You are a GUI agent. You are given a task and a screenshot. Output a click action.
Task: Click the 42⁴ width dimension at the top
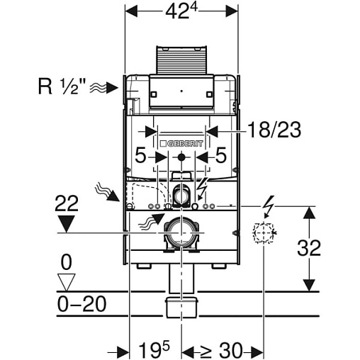pyautogui.click(x=181, y=11)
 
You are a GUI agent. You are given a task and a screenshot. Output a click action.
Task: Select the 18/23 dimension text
pyautogui.click(x=274, y=130)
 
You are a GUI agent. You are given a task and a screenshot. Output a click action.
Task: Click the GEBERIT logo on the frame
pyautogui.click(x=181, y=144)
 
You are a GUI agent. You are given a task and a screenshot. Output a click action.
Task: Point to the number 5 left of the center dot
pyautogui.click(x=140, y=155)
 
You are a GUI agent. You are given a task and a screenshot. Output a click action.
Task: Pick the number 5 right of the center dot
pyautogui.click(x=221, y=155)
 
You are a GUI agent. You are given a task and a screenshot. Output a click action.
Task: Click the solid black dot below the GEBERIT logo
pyautogui.click(x=181, y=157)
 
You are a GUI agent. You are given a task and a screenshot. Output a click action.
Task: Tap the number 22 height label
pyautogui.click(x=67, y=203)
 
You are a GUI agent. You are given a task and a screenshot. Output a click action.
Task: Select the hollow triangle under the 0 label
pyautogui.click(x=67, y=282)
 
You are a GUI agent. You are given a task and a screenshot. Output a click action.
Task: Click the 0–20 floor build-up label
pyautogui.click(x=81, y=304)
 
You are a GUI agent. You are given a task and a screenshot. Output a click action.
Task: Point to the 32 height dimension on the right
pyautogui.click(x=309, y=248)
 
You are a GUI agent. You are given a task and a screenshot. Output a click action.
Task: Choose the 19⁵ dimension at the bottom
pyautogui.click(x=154, y=349)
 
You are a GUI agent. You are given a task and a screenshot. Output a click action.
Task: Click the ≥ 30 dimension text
pyautogui.click(x=221, y=350)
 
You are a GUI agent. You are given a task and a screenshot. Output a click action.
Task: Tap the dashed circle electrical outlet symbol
pyautogui.click(x=264, y=232)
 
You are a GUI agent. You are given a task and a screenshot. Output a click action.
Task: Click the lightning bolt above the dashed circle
pyautogui.click(x=269, y=206)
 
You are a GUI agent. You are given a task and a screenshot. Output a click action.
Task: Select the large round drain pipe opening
pyautogui.click(x=181, y=233)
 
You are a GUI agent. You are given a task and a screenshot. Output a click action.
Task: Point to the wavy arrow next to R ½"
pyautogui.click(x=103, y=88)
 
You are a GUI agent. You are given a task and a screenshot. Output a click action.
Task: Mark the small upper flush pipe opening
pyautogui.click(x=181, y=195)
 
